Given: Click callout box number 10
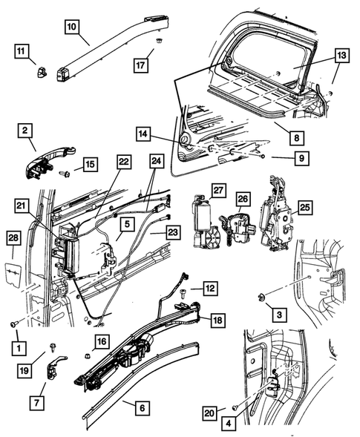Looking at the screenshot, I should tap(71, 27).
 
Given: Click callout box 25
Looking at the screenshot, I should tap(304, 207).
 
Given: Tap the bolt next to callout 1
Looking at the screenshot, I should tap(14, 323).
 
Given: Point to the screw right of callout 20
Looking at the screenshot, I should tap(235, 407).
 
